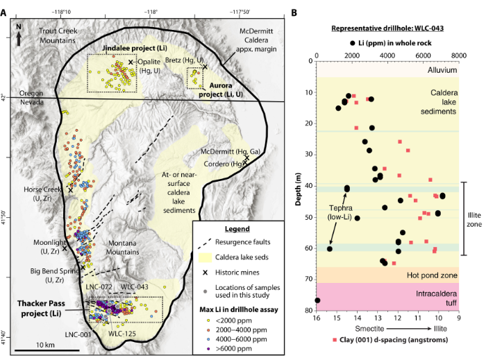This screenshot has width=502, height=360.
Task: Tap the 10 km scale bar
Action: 47,350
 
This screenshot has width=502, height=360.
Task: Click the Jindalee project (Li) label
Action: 135,49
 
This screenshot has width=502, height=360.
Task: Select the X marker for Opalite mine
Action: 131,62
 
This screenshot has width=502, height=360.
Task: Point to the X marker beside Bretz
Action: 205,67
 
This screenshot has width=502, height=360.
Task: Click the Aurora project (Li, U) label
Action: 221,90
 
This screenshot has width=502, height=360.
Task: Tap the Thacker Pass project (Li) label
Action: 41,308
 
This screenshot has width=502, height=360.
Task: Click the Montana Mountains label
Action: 123,248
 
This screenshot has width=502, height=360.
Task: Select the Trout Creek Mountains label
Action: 58,35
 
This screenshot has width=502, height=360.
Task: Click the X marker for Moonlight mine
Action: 65,248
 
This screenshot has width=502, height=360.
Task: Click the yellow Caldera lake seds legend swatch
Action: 206,257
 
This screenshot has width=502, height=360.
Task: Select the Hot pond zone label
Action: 432,275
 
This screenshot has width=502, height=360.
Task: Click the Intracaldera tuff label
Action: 436,298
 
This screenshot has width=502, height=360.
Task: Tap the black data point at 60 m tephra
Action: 329,249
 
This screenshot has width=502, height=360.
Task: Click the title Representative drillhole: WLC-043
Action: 387,28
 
